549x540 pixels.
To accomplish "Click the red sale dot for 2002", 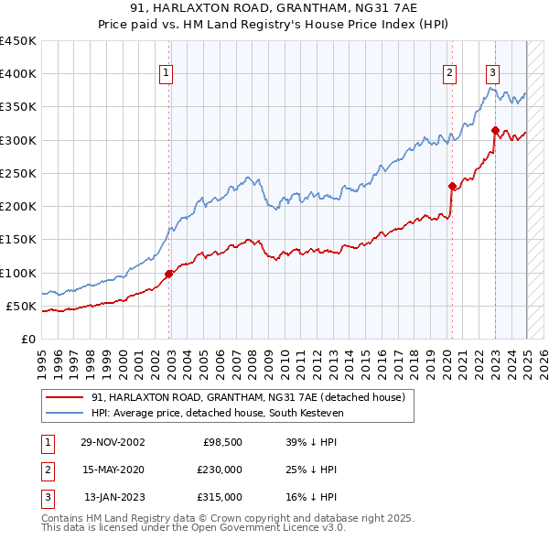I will pyautogui.click(x=169, y=274).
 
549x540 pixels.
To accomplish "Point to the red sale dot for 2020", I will pyautogui.click(x=452, y=186).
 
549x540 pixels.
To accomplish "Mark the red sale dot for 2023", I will pyautogui.click(x=495, y=130).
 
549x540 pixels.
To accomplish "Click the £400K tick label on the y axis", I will pyautogui.click(x=18, y=74).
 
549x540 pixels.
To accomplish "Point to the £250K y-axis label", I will pyautogui.click(x=18, y=174).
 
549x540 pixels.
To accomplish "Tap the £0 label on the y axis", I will pyautogui.click(x=28, y=340).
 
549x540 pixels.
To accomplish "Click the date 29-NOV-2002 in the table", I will pyautogui.click(x=113, y=442).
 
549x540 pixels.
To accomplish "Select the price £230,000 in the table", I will pyautogui.click(x=221, y=470).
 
